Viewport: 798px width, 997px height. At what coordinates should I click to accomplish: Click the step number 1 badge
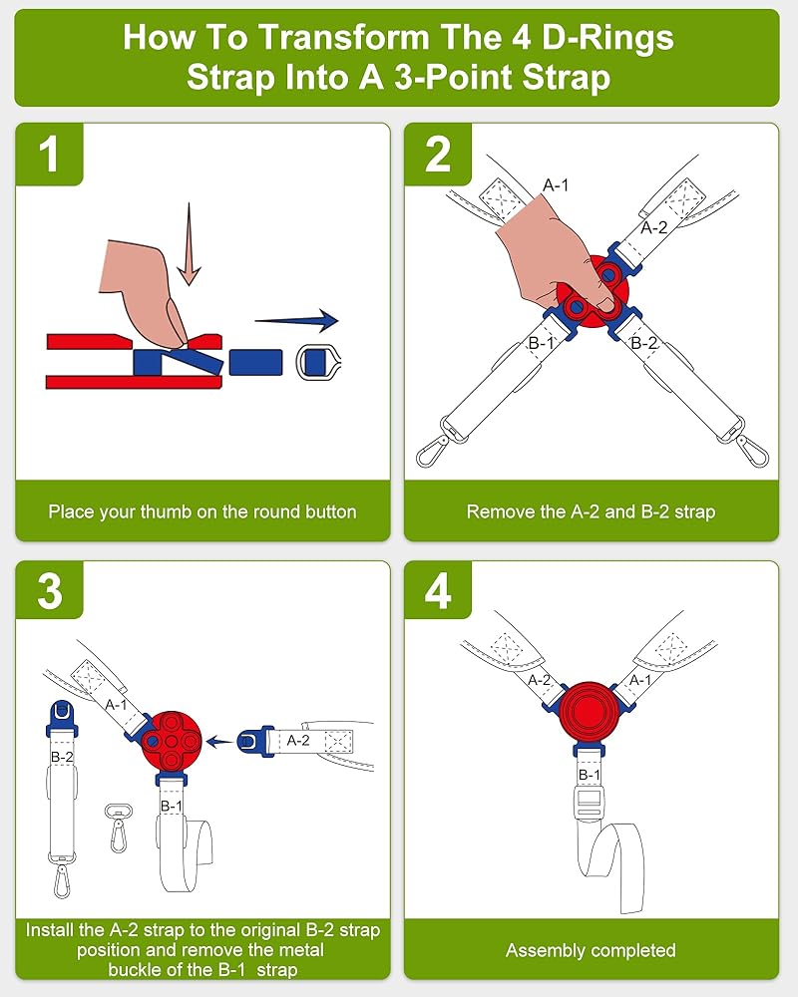pos(48,156)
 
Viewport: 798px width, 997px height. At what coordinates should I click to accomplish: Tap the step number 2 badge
pos(438,156)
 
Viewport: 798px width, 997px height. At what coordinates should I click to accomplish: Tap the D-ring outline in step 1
pos(317,361)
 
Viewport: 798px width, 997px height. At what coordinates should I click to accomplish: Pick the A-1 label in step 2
pos(557,184)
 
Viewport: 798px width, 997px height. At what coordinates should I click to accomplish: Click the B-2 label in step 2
pos(645,344)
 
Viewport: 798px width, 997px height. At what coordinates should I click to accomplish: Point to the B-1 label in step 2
pos(541,344)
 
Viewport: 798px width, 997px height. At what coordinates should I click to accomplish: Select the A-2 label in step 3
pos(298,741)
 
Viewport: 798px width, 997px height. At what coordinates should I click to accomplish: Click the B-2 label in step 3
pos(62,758)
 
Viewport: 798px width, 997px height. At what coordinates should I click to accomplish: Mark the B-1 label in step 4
pos(591,775)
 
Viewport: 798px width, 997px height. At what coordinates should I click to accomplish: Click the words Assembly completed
pos(591,950)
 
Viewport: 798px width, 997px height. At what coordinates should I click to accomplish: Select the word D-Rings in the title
pos(602,38)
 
